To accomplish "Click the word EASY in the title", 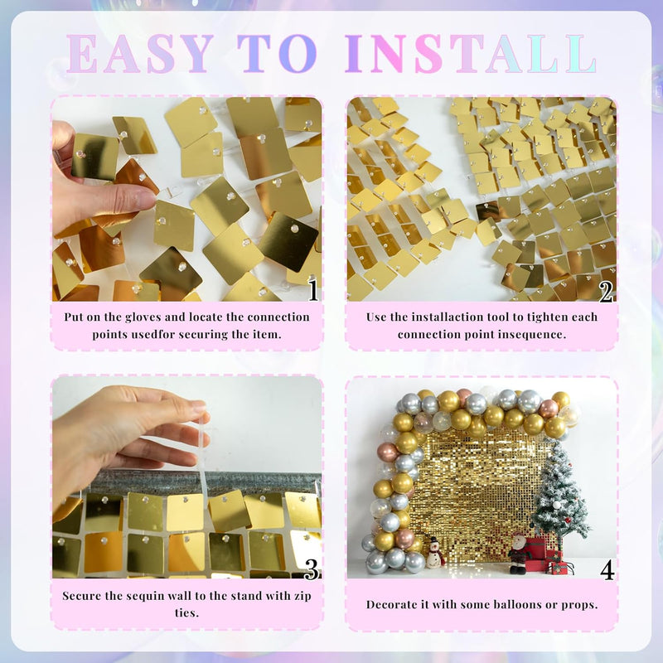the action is (x=139, y=54).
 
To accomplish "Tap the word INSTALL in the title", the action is (x=470, y=54).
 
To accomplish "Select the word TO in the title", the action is (x=277, y=54).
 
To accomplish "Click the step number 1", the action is (x=313, y=289).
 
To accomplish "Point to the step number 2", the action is (x=606, y=292).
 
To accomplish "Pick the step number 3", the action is (x=312, y=569).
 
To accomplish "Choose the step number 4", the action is (x=607, y=570).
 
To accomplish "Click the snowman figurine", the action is (x=433, y=552).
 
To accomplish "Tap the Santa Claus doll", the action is (x=518, y=553).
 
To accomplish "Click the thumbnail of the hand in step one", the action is (x=95, y=181).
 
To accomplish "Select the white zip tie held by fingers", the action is (x=204, y=459).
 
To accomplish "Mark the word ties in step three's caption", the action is (x=187, y=612).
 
